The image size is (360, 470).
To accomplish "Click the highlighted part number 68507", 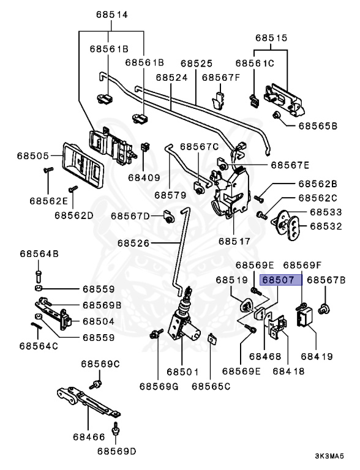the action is click(278, 280).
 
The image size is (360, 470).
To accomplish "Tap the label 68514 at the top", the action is click(111, 15).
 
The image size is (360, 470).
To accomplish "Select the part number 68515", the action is click(271, 38).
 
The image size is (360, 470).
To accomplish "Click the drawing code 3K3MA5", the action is click(329, 456).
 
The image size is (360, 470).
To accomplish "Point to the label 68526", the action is click(133, 243).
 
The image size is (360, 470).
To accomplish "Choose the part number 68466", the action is click(89, 437).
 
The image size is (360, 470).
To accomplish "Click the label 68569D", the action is click(116, 451).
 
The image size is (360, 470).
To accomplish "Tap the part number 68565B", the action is click(318, 126).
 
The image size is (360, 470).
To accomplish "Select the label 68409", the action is click(144, 177).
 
